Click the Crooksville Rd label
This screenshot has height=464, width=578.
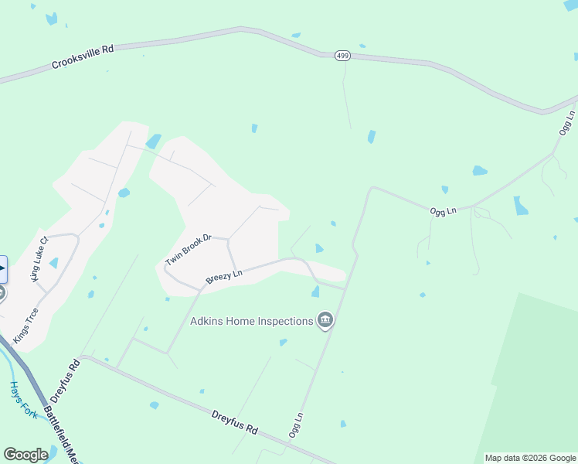click(83, 56)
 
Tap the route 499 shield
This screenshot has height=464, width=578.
click(342, 56)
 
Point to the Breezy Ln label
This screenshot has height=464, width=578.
click(224, 275)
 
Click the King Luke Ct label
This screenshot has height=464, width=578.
click(39, 259)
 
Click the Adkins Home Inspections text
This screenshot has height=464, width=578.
click(252, 320)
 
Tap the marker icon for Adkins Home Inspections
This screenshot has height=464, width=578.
click(325, 320)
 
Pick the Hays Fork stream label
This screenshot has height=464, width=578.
click(24, 400)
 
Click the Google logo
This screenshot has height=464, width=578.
click(25, 454)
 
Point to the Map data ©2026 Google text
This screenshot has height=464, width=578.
click(530, 458)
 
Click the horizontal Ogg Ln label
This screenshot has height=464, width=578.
click(443, 210)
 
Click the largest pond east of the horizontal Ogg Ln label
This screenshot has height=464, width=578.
click(521, 205)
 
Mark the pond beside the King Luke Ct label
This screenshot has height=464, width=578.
click(53, 263)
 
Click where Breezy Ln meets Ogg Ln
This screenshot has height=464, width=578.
click(344, 289)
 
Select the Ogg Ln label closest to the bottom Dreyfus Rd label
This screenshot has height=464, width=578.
click(295, 425)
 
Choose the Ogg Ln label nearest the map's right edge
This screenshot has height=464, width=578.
click(566, 124)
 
